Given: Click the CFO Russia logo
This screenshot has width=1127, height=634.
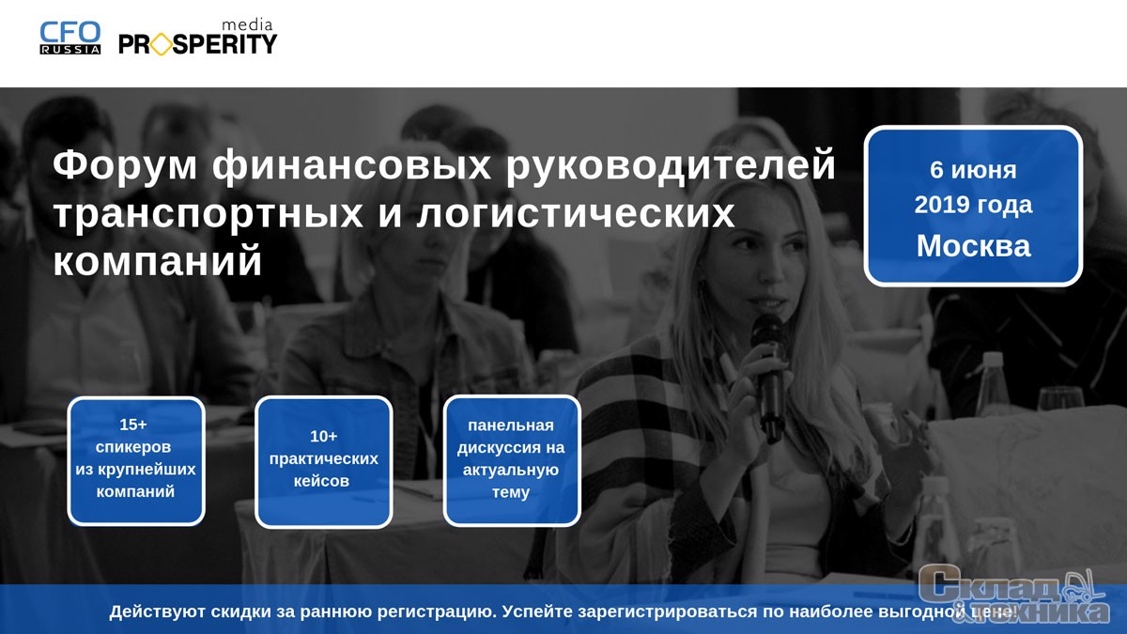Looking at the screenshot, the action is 70,38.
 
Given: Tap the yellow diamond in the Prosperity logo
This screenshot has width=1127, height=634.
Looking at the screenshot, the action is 161,44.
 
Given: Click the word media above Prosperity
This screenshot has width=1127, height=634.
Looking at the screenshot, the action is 247,24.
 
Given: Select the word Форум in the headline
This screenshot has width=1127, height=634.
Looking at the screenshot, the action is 125,165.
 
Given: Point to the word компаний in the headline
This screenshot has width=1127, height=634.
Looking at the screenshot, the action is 158,261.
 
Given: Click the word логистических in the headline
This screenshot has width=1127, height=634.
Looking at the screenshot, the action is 576,214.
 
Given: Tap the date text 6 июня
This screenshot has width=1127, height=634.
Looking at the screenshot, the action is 973,170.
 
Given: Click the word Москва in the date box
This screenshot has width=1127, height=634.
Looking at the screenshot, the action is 973,246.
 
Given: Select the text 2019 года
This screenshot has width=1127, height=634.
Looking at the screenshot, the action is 973,205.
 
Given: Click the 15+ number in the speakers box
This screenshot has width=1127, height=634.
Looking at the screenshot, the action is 133,425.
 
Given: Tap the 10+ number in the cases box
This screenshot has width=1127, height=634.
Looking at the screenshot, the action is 323,436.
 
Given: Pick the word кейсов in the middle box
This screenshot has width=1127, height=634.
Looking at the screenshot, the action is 321,481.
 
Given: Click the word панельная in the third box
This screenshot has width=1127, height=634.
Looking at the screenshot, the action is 511,425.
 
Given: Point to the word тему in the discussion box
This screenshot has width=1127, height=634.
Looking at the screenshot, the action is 511,492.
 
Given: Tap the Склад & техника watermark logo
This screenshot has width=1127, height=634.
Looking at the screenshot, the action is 1013,595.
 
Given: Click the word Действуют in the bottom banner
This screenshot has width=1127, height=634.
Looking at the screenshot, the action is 158,611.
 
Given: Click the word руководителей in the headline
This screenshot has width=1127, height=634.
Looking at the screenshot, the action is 671,165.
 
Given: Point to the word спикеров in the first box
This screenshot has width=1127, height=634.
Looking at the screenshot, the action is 133,447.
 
